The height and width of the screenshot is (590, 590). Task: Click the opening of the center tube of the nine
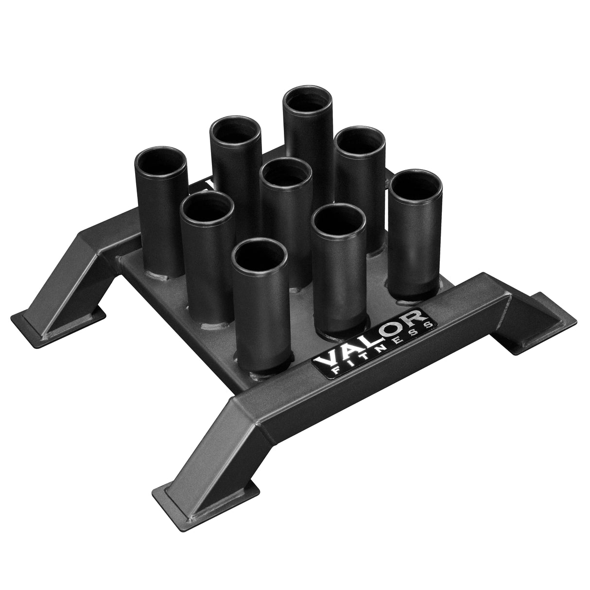pos(286,174)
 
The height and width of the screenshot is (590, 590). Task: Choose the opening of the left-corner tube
pos(161,161)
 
